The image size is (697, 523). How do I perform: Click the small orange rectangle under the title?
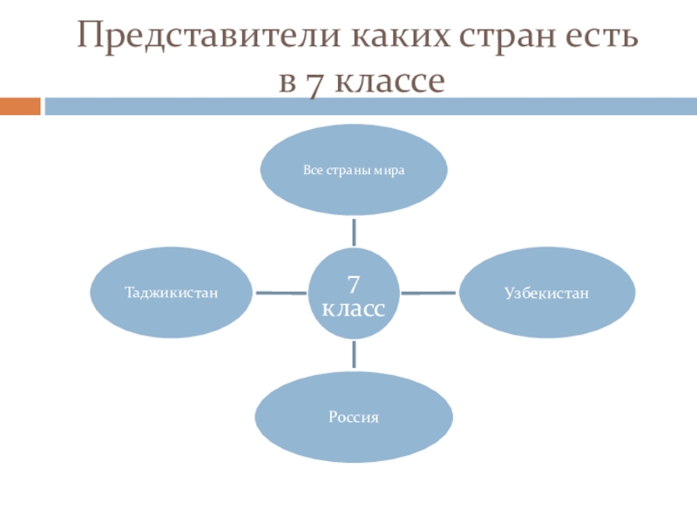(x=20, y=106)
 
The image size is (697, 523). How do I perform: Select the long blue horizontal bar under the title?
(x=370, y=106)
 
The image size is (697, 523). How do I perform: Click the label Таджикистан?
(x=171, y=292)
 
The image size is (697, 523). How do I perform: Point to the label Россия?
(x=354, y=417)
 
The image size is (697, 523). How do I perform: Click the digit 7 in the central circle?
(x=354, y=283)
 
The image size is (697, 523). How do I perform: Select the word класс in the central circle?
(x=354, y=309)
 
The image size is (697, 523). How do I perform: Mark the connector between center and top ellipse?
(x=354, y=231)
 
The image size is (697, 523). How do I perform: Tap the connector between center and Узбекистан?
(x=429, y=292)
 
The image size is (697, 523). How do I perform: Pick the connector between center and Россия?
(x=354, y=354)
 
